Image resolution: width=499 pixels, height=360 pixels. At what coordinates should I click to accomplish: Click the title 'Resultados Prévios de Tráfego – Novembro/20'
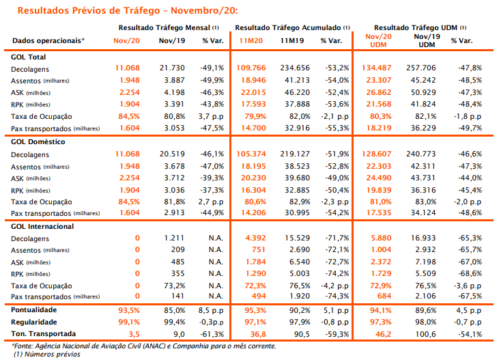point(128,10)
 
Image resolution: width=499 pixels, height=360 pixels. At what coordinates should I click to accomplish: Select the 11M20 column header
point(251,41)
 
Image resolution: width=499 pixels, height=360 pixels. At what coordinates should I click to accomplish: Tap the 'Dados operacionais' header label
point(48,41)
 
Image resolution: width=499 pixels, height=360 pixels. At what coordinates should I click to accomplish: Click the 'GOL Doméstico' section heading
point(38,142)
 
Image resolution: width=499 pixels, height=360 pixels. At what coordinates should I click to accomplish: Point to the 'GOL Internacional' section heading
point(42,227)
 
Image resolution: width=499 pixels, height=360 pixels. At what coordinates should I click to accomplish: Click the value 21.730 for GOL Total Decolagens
point(172,68)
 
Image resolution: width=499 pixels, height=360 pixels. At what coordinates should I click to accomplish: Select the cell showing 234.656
point(295,68)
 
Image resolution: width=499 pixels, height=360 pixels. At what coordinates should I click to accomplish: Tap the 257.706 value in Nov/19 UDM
point(421,68)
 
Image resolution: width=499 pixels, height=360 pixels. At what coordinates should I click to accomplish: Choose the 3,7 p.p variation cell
point(211,116)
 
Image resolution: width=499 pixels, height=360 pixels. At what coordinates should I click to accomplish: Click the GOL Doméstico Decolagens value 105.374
point(251,154)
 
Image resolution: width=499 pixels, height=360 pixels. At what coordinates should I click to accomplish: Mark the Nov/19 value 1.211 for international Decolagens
point(174,238)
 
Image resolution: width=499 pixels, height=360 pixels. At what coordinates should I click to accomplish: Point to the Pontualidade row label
point(33,310)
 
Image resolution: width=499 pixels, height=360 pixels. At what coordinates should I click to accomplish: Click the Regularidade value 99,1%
point(129,322)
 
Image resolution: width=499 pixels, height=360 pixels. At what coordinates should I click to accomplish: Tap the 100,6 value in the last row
point(426,334)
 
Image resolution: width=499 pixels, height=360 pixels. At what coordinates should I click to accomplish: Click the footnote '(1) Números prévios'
point(47,355)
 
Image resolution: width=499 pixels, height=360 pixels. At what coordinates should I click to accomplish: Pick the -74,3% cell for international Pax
point(337,296)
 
